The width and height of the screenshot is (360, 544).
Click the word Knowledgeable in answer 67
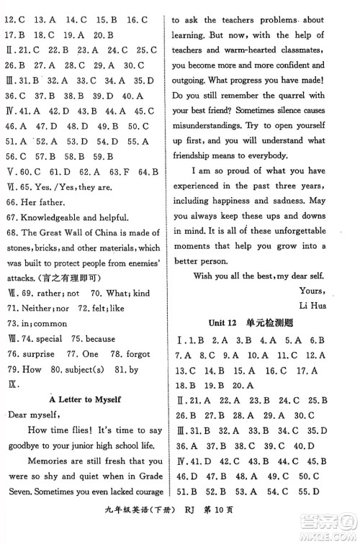(55, 218)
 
